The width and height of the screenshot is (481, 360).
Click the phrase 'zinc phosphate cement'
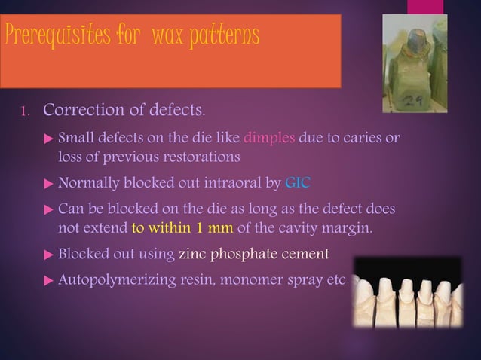coord(255,254)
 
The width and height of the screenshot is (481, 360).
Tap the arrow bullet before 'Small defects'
coord(49,139)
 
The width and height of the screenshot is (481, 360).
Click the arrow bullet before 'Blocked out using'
coord(49,255)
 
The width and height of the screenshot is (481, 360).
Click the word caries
coord(366,139)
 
